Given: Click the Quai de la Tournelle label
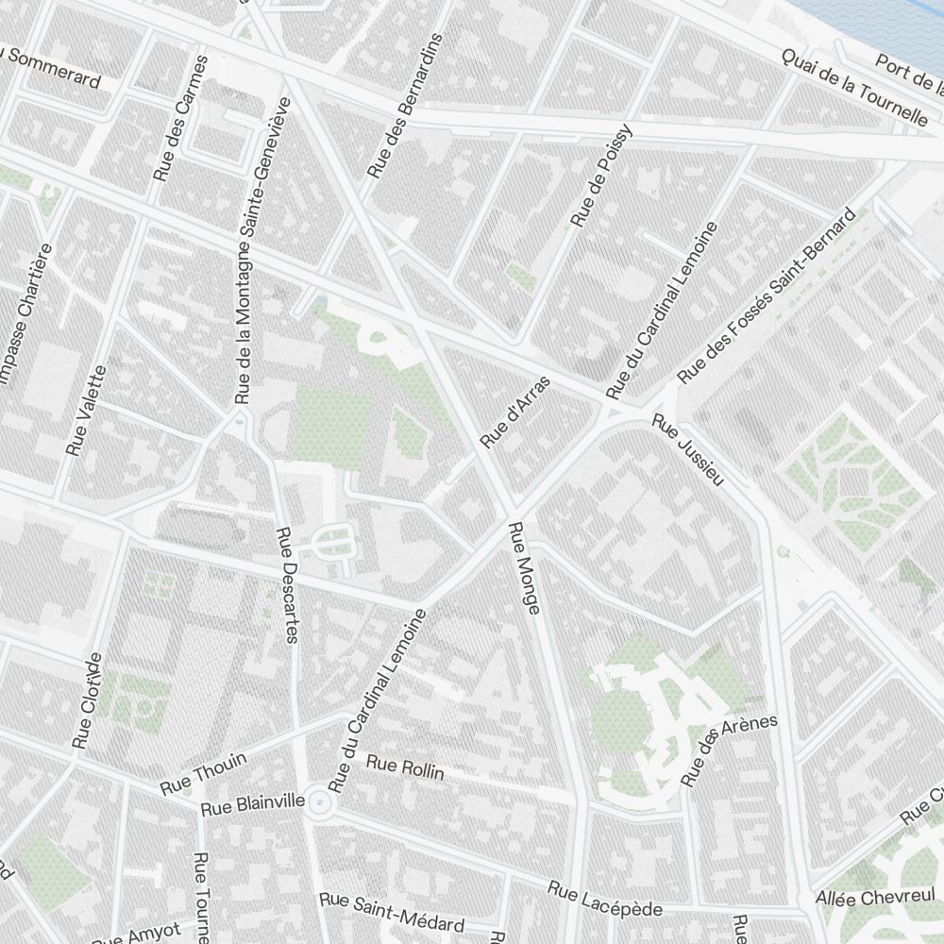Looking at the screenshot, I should [x=854, y=87].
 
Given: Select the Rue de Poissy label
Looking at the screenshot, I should [x=600, y=177].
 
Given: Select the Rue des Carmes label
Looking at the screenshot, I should [x=179, y=118].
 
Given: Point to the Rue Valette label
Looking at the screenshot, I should [x=86, y=412].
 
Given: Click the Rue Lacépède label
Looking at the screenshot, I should [x=605, y=900].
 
